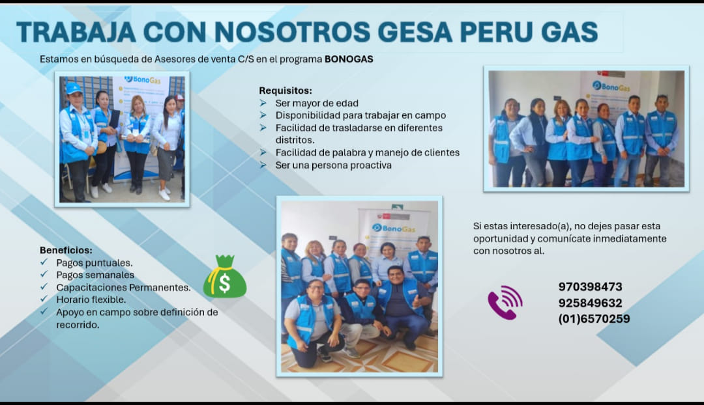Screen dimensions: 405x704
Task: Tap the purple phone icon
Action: tap(505, 302)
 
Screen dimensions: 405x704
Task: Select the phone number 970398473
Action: tap(590, 287)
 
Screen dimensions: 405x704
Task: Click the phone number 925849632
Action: tap(590, 303)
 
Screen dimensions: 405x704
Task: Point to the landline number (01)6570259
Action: tap(594, 319)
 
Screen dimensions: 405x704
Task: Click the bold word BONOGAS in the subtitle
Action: tap(349, 59)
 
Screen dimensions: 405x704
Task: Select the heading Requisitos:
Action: tap(286, 91)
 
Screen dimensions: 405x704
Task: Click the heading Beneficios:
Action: tap(66, 250)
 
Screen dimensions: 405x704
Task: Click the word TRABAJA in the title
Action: tap(76, 32)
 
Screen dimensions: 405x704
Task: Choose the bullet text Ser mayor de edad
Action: tap(317, 103)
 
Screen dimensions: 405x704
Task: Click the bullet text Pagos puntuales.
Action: tap(95, 263)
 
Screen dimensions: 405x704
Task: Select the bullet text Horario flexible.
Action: tap(91, 300)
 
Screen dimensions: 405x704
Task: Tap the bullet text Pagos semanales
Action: tap(95, 275)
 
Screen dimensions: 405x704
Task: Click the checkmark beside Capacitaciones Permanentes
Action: tap(44, 287)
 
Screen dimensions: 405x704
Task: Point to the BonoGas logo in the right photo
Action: tap(611, 86)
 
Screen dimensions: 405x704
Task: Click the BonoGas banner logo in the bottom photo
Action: tap(394, 228)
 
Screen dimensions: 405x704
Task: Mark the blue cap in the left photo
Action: tap(74, 87)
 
